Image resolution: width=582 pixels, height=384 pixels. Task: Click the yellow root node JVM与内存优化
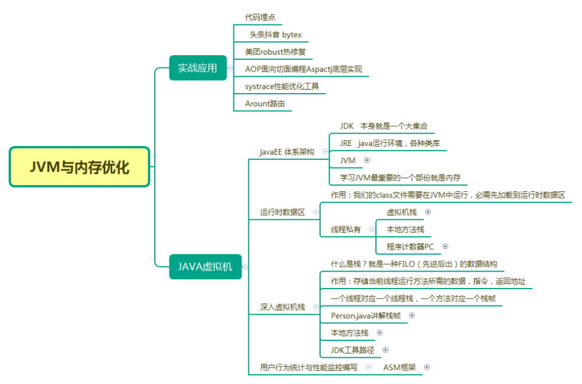click(80, 167)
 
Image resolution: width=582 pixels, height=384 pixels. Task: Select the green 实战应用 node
click(197, 67)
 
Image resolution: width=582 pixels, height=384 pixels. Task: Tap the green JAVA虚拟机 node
click(205, 266)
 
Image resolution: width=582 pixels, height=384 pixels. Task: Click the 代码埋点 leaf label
click(260, 17)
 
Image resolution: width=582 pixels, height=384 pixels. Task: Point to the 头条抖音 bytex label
click(276, 35)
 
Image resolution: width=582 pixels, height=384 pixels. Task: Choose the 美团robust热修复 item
click(275, 52)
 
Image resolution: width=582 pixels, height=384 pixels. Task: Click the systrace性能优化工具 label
click(282, 86)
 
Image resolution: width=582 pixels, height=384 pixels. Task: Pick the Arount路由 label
click(265, 104)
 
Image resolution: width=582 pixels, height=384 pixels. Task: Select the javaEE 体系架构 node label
click(287, 152)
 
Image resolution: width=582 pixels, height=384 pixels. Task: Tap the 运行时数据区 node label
click(282, 212)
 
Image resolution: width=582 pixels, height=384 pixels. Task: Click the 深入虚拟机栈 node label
click(282, 307)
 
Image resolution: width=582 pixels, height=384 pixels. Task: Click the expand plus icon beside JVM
click(367, 160)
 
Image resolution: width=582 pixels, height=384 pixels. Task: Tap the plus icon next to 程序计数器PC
click(445, 247)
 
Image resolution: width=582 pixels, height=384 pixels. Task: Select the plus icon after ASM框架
click(427, 367)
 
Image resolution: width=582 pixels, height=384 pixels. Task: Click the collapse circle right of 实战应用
click(230, 68)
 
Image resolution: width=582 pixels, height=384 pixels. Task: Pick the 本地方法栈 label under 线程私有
click(406, 229)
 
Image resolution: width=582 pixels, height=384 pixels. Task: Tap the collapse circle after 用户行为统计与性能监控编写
click(368, 367)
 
